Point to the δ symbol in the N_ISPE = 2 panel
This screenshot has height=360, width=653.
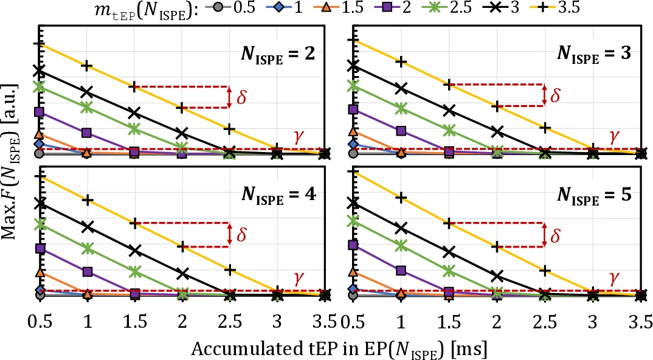click(x=241, y=97)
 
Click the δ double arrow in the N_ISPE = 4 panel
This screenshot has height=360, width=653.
click(x=229, y=235)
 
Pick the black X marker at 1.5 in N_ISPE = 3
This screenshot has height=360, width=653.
click(x=449, y=110)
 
